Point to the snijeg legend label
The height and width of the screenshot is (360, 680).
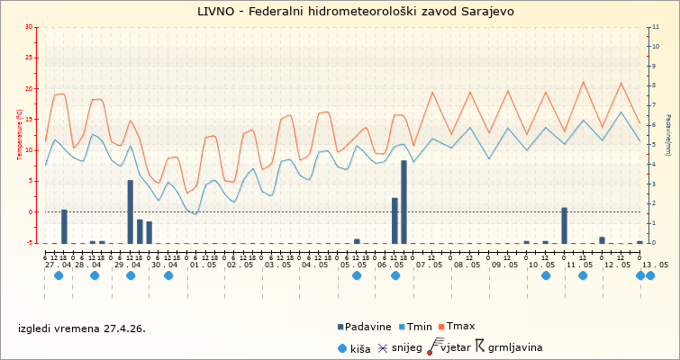click(404, 346)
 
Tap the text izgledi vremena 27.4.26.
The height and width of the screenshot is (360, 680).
click(82, 328)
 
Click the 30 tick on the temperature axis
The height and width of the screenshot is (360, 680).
click(30, 27)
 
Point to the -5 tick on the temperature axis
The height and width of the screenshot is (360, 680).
click(31, 243)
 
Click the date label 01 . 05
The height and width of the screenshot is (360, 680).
click(203, 265)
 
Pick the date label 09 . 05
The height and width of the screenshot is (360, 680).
click(505, 265)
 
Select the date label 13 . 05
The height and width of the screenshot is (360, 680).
click(655, 265)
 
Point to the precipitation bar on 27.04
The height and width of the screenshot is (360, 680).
click(64, 226)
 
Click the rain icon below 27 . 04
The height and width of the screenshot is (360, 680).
click(59, 275)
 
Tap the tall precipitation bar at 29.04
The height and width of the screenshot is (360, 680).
click(130, 211)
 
